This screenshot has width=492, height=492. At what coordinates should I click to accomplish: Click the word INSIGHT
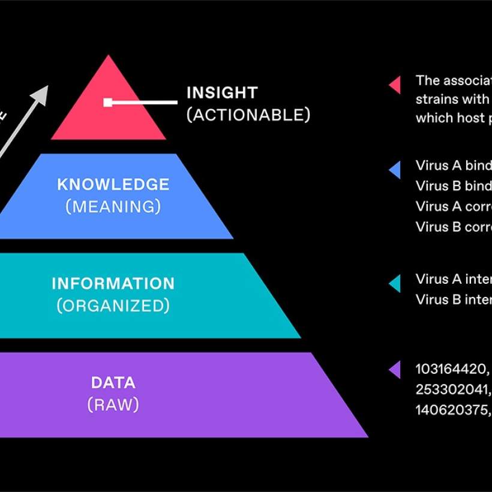point(222,93)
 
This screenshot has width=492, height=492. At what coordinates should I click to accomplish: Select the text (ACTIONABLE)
point(248,115)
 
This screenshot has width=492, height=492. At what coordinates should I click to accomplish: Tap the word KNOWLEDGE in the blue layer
point(113,184)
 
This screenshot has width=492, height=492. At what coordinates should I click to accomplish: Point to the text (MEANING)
point(113,207)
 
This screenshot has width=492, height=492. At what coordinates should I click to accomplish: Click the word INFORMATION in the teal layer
point(113,283)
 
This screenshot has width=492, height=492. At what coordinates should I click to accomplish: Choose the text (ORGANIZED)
point(113,306)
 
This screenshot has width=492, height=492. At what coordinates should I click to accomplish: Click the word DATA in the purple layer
point(113,382)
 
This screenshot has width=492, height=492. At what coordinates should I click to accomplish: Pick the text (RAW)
point(113,405)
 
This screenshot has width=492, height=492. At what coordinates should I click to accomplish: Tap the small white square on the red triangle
point(108,103)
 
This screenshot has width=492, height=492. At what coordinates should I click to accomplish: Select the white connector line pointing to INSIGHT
point(144,103)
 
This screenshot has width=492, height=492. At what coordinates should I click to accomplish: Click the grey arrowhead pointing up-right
point(40,94)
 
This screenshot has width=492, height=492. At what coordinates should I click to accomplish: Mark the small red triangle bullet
point(395,85)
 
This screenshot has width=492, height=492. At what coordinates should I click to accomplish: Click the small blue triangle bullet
point(395,170)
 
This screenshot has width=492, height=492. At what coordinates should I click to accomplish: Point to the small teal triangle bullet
point(395,283)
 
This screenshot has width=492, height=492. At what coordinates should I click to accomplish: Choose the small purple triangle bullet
point(395,370)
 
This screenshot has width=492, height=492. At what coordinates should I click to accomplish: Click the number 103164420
point(451,369)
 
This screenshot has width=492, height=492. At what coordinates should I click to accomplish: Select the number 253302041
point(451,389)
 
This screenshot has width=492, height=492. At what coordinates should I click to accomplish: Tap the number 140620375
point(451,410)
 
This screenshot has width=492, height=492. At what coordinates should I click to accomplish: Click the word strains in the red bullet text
point(436,99)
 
